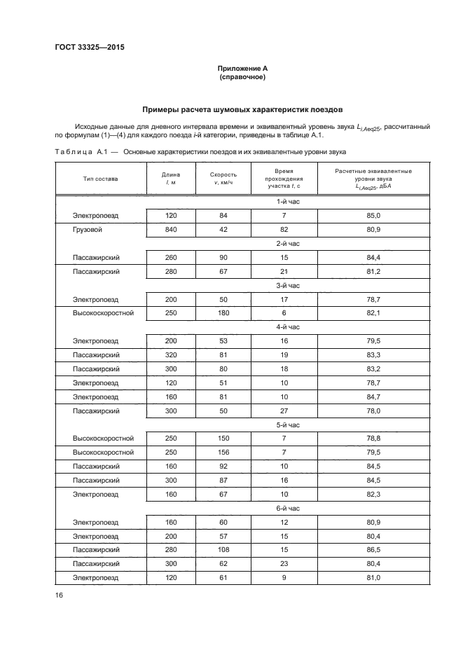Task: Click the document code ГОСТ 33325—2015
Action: pos(84,48)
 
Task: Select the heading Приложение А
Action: pos(242,68)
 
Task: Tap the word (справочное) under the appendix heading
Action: pos(242,76)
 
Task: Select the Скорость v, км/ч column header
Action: pos(223,179)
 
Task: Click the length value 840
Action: pos(171,229)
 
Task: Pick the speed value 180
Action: pos(223,312)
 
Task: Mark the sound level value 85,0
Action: pos(373,216)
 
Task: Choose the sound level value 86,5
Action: pos(373,550)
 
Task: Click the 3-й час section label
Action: pos(288,285)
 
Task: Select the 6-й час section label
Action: pos(288,508)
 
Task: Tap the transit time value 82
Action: pos(284,229)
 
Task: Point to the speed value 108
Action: pos(223,550)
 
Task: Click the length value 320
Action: pos(171,354)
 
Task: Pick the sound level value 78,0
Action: pos(373,411)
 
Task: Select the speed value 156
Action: pos(223,453)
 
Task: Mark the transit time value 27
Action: pos(284,411)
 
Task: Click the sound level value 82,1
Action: pos(373,312)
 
